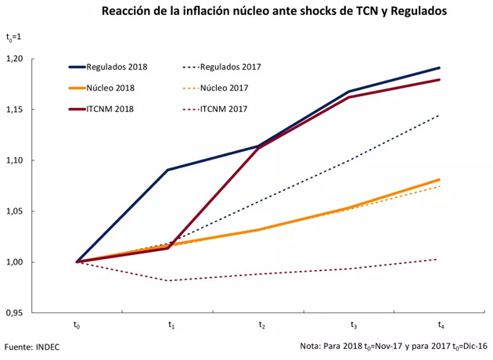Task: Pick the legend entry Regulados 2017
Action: pos(230,67)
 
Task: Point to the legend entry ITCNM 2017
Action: pos(225,108)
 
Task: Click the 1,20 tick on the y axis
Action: pos(35,59)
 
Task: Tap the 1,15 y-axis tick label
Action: pos(35,110)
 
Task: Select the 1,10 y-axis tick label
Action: pos(35,160)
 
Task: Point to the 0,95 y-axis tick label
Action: pos(35,312)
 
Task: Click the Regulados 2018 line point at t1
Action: pos(168,170)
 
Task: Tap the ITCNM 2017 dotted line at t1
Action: pos(168,280)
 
